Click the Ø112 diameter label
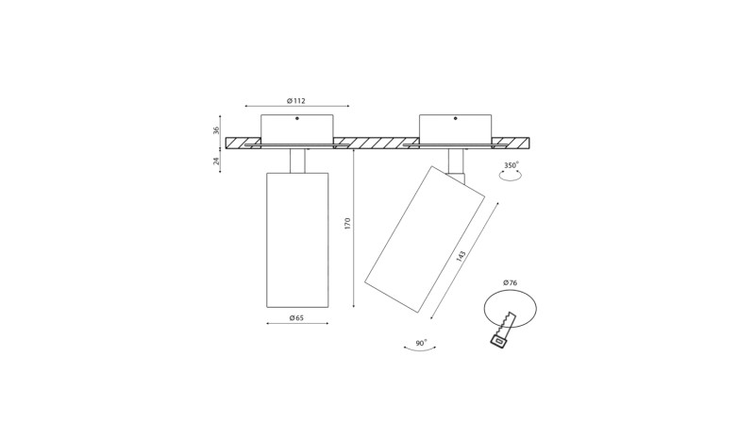296,101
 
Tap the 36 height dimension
216,130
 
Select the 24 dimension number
216,161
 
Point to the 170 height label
347,224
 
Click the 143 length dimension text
461,256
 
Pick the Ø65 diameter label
296,318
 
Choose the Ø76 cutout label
510,282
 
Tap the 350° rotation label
512,165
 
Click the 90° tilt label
421,343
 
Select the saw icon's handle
499,341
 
